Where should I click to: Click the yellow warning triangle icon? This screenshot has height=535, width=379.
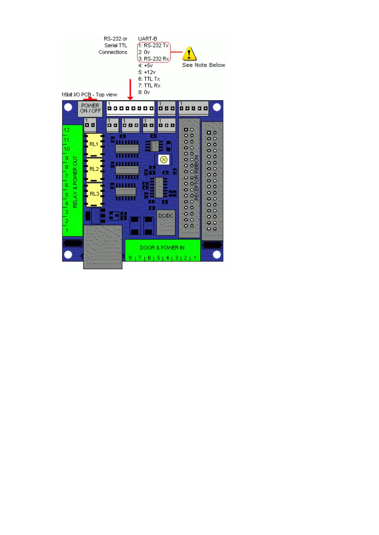[189, 53]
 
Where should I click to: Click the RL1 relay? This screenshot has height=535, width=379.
[94, 145]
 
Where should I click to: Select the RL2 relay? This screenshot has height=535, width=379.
[94, 169]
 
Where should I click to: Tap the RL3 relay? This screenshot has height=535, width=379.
[94, 194]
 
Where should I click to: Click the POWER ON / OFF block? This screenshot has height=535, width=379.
[90, 108]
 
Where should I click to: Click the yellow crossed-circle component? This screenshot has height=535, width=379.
[164, 160]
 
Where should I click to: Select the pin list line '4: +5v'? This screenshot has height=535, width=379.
[145, 65]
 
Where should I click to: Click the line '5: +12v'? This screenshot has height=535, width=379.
[147, 72]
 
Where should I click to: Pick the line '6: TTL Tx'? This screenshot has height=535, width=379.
[149, 79]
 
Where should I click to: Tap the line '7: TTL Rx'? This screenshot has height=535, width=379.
[149, 85]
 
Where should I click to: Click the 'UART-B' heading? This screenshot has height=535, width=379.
[148, 39]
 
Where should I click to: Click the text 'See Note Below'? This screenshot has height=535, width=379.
[203, 65]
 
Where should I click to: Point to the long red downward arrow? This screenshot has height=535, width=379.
[130, 89]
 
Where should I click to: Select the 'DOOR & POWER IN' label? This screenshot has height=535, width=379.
[162, 248]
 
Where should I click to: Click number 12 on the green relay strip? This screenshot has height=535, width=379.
[67, 130]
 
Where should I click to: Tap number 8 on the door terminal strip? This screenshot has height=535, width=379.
[130, 258]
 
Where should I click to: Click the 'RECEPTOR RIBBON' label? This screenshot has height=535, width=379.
[196, 178]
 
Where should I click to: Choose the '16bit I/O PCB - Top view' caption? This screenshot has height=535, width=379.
[89, 95]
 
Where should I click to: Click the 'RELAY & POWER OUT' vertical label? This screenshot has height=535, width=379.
[75, 182]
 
